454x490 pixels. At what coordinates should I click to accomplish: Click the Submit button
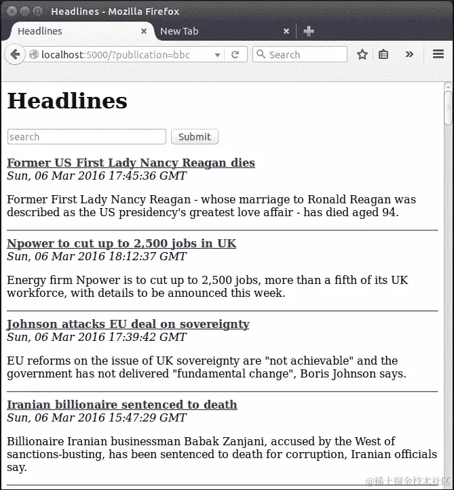(x=195, y=137)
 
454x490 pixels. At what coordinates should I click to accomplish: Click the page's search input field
(x=86, y=137)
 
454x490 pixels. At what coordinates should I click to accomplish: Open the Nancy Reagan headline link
(x=131, y=163)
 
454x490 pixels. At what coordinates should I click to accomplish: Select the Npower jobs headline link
(x=121, y=243)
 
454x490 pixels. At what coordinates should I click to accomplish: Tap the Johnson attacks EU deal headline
(x=128, y=324)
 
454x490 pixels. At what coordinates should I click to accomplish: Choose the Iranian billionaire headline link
(x=122, y=405)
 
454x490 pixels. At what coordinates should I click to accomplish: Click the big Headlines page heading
(x=67, y=101)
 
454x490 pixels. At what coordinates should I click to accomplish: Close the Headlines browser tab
(x=144, y=31)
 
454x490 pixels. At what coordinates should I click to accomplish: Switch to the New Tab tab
(x=179, y=31)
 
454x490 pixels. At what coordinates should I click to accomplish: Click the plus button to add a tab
(x=309, y=31)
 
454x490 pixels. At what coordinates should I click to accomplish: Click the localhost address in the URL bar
(x=115, y=55)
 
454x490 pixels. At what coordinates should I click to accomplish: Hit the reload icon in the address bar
(x=235, y=55)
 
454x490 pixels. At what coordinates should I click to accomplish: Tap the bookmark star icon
(x=362, y=55)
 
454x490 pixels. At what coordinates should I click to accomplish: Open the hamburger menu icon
(x=438, y=55)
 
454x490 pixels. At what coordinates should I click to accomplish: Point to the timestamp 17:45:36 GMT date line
(x=96, y=176)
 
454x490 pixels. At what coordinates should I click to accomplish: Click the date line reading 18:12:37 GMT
(x=96, y=257)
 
